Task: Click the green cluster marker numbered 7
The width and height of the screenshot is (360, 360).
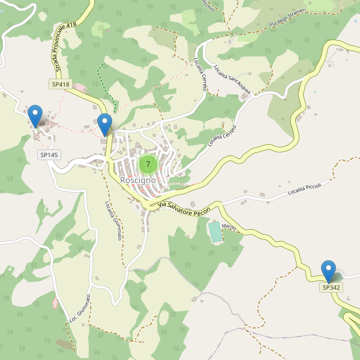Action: coord(148,164)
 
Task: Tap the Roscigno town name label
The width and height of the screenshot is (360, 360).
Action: coord(138,180)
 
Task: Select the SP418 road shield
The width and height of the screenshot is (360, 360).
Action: coord(61,85)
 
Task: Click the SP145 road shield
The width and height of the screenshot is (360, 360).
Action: coord(49,155)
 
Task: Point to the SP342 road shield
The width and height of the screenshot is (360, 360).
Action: coord(331,287)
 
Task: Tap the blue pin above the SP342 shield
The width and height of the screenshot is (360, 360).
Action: coord(328,271)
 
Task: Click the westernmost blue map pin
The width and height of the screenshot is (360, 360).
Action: coord(35,115)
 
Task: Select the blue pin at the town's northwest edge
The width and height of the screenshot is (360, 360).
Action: coord(105,124)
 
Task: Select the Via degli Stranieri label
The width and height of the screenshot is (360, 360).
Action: coord(289,18)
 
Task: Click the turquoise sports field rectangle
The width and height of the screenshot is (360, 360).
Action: coord(215,232)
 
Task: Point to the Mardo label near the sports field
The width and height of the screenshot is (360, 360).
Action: coord(229,227)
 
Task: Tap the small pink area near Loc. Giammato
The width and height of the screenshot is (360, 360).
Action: coord(55,302)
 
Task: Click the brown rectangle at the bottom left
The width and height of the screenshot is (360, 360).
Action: coord(65,344)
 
